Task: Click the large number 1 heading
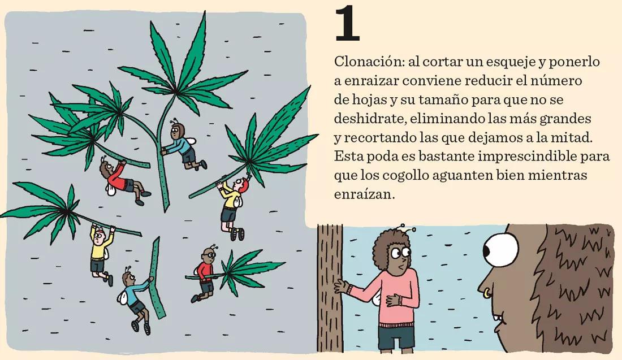pyautogui.click(x=347, y=25)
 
